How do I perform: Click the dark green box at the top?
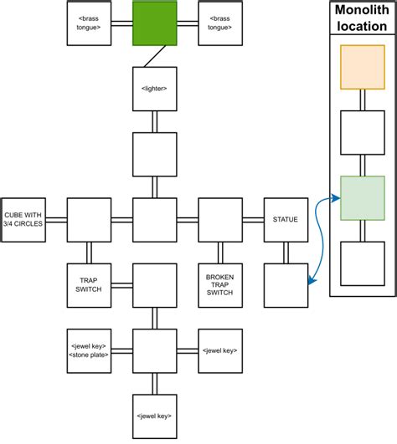click(155, 23)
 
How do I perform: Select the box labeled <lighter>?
click(155, 89)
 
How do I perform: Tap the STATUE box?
click(286, 220)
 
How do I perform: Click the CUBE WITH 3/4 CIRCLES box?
click(23, 220)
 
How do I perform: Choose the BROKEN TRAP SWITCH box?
click(219, 285)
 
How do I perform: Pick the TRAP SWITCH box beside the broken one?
click(89, 285)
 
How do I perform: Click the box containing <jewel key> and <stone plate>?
click(89, 350)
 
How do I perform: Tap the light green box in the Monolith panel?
click(362, 198)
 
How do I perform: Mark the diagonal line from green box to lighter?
click(152, 57)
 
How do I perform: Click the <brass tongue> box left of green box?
click(89, 23)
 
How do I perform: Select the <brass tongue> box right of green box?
click(219, 23)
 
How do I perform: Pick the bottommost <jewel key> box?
click(155, 416)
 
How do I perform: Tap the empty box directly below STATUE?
click(286, 285)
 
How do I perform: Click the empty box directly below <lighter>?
click(155, 154)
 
